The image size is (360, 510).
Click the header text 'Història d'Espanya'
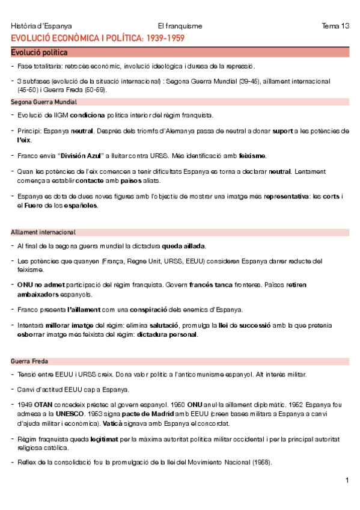[41, 26]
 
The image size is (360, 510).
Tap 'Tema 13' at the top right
[335, 26]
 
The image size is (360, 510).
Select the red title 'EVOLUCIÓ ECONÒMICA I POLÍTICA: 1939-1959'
[97, 38]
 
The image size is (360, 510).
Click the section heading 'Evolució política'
[39, 52]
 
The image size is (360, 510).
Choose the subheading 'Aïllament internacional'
[43, 232]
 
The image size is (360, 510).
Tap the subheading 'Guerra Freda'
[30, 361]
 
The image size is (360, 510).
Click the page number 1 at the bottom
[347, 480]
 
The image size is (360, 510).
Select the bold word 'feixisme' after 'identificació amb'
[252, 156]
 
